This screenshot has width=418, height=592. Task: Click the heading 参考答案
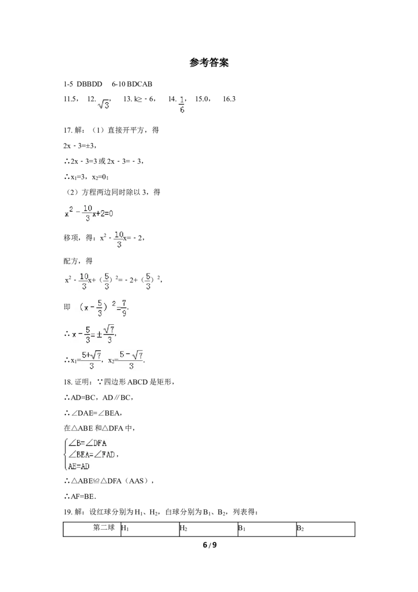tap(209, 63)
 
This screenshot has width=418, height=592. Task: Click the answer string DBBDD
tap(89, 84)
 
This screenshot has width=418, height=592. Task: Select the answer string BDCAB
tap(140, 84)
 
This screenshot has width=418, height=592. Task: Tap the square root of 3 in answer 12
tap(103, 104)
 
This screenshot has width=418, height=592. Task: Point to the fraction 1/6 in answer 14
tap(182, 105)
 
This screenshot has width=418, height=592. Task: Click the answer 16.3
tap(229, 99)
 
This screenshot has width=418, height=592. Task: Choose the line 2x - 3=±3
tap(80, 146)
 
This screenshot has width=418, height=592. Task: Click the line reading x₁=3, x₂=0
tap(86, 177)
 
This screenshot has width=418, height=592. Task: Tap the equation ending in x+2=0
tap(89, 213)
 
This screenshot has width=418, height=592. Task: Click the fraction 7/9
tap(124, 308)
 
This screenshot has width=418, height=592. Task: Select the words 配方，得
tap(78, 261)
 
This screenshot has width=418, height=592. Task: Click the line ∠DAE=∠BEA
tap(93, 413)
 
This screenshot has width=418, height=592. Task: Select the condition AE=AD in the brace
tap(79, 466)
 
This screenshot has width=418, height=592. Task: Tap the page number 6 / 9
tap(210, 545)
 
